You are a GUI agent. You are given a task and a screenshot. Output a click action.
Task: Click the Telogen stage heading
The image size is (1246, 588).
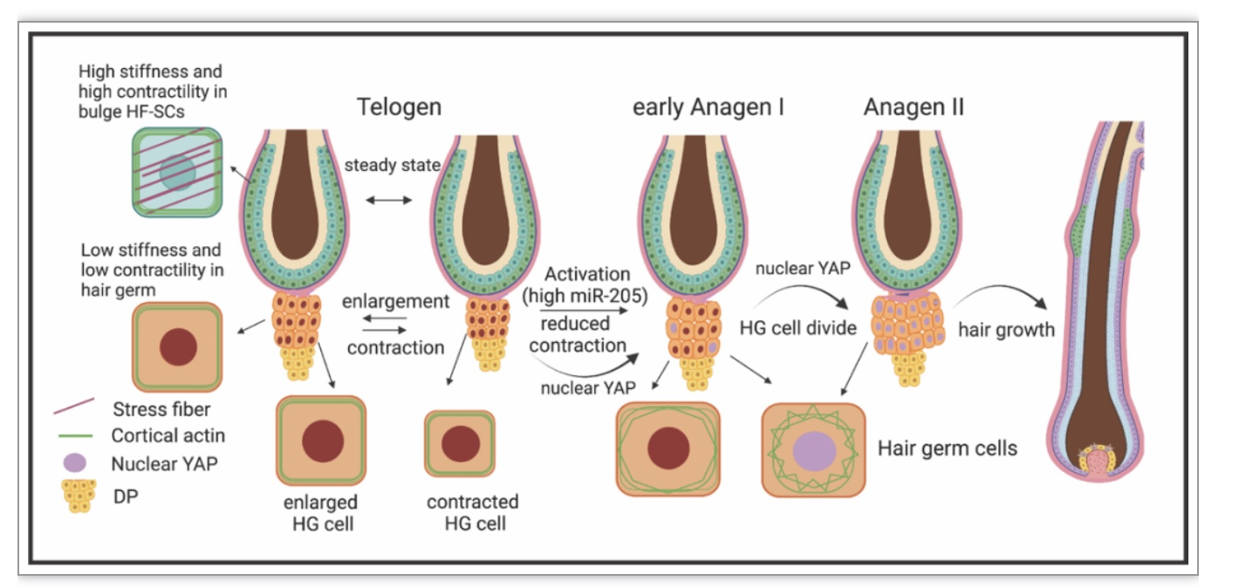[x=399, y=107]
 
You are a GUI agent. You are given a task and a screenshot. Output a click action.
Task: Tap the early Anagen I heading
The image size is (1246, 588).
[x=709, y=107]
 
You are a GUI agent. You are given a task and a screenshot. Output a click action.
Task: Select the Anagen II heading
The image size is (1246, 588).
[x=914, y=106]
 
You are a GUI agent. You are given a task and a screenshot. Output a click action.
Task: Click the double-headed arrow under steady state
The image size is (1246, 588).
[x=388, y=200]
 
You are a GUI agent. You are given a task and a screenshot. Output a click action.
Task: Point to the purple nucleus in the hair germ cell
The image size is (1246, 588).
[x=814, y=450]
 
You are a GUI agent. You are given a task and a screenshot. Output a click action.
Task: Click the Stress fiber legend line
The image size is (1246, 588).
[x=74, y=406]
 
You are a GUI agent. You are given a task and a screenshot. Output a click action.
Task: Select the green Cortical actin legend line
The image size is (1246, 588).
[x=75, y=435]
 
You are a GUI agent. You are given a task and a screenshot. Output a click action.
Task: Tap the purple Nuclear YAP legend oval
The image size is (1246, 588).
[x=74, y=462]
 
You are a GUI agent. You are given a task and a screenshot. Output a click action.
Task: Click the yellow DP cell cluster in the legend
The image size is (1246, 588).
[x=79, y=496]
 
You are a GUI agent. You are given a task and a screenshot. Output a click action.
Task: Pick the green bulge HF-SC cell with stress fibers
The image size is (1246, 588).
[x=177, y=172]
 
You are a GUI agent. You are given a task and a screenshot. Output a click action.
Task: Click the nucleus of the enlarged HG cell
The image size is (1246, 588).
[x=323, y=441]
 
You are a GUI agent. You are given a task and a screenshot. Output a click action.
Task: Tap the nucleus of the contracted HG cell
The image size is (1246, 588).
[x=461, y=444]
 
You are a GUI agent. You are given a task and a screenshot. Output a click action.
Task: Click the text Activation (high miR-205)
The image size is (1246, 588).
[x=585, y=284]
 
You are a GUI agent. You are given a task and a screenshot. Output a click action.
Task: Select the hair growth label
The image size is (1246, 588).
[x=1006, y=329]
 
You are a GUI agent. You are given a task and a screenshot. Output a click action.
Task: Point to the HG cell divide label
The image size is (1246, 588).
[x=798, y=328]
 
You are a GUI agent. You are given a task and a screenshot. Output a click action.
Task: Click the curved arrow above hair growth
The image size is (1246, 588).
[x=1002, y=294]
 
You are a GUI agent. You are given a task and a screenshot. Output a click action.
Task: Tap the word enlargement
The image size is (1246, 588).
[x=395, y=301]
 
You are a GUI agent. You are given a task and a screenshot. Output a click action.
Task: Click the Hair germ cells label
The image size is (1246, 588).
[x=948, y=448]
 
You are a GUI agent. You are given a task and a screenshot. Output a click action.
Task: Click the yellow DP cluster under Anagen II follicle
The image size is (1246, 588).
[x=909, y=369]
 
